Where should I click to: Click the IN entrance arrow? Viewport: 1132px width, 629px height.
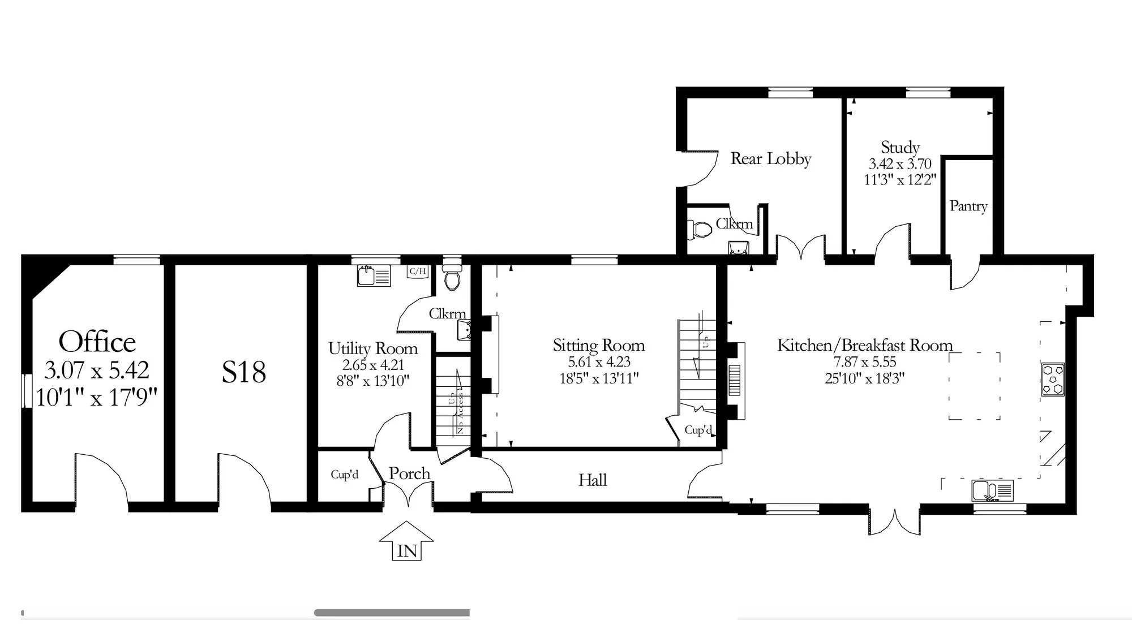(407, 541)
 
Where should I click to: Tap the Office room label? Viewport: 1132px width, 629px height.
(97, 342)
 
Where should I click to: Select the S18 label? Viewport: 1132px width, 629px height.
(243, 372)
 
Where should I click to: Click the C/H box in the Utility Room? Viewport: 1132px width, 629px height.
(418, 272)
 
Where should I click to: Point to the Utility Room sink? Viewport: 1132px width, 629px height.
(374, 275)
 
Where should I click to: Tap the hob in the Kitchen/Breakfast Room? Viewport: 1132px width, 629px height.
(1053, 379)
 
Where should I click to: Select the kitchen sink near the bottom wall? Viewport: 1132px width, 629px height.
(993, 490)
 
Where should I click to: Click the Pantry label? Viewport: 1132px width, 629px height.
(968, 206)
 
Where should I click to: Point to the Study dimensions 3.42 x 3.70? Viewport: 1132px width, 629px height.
(900, 164)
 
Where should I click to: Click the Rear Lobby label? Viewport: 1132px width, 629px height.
(771, 158)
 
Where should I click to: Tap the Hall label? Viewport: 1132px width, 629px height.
(593, 480)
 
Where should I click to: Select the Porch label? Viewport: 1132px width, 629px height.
(409, 473)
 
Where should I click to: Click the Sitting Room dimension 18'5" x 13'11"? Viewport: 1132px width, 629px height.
(599, 378)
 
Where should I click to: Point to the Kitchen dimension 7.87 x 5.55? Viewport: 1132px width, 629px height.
(864, 362)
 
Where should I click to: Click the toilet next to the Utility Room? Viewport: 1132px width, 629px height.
(452, 275)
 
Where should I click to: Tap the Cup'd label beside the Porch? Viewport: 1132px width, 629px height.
(345, 474)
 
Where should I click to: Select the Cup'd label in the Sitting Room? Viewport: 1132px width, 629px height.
(698, 430)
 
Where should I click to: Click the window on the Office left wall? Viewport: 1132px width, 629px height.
(26, 390)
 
